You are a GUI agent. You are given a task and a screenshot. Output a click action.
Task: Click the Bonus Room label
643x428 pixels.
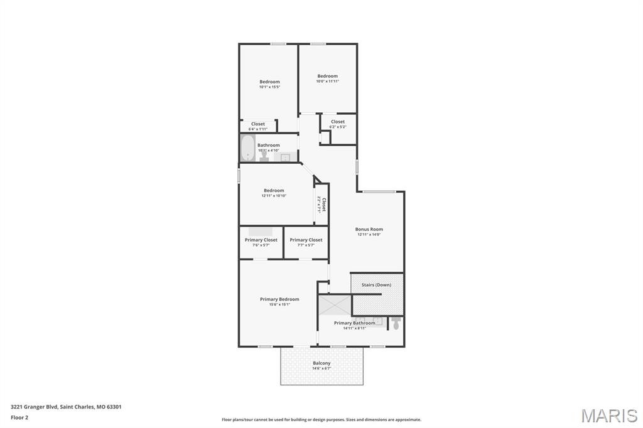[x=369, y=229]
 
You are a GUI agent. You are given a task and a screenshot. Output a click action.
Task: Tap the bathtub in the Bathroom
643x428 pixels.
[x=246, y=148]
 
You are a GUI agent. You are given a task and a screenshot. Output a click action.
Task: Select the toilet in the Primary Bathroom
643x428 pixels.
[x=396, y=323]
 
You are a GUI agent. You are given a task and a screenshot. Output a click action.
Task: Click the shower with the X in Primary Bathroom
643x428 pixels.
[x=334, y=304]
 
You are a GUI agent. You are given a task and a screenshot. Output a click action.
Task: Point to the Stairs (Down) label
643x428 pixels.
[x=376, y=285]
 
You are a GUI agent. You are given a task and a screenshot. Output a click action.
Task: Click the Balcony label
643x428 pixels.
[x=321, y=363]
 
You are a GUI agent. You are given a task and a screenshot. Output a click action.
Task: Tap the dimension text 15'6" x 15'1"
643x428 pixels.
[x=279, y=304]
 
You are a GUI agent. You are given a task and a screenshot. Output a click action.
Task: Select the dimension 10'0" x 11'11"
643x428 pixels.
[x=327, y=81]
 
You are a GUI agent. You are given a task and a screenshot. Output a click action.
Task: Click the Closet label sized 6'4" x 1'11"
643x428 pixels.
[x=258, y=124]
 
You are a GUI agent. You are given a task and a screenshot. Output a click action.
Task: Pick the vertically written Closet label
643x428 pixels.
[x=324, y=205]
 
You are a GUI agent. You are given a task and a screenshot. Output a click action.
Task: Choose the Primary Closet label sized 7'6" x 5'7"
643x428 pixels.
[x=261, y=240]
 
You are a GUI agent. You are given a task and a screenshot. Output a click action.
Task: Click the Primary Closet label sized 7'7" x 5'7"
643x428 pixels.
[x=306, y=240]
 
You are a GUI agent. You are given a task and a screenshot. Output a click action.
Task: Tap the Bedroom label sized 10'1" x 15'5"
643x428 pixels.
[x=269, y=82]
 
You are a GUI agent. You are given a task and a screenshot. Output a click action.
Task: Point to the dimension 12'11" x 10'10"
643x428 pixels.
[x=274, y=196]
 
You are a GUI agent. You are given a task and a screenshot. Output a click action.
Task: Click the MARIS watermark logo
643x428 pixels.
[x=608, y=415]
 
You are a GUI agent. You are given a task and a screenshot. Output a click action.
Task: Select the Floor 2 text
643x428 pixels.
[x=19, y=417]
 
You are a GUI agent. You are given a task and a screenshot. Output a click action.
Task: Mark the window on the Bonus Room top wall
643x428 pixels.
[x=379, y=191]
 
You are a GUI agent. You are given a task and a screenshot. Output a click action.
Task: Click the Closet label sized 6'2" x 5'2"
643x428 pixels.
[x=338, y=122]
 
